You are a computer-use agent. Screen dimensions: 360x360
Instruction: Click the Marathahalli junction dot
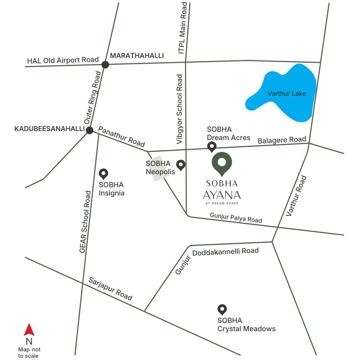[x=105, y=65]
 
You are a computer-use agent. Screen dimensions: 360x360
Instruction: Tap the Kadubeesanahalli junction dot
[x=90, y=130]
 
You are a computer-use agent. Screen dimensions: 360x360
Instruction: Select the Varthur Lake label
[x=287, y=94]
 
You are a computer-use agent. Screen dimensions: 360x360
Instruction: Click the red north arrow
[x=29, y=330]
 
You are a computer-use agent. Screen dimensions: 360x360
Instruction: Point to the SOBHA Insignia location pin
[x=104, y=174]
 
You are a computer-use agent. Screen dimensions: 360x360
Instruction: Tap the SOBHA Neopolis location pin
[x=181, y=165]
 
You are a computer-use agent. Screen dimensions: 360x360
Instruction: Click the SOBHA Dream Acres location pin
[x=212, y=146]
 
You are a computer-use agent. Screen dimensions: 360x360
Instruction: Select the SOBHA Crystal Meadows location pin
[x=222, y=309]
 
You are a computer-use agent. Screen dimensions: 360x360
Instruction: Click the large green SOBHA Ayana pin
[x=222, y=163]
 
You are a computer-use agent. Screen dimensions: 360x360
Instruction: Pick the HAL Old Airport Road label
[x=63, y=60]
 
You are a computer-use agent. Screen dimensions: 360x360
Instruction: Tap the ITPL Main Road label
[x=184, y=28]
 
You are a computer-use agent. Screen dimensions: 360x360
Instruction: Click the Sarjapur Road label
[x=111, y=289]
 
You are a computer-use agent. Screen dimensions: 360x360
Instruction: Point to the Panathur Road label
[x=121, y=136]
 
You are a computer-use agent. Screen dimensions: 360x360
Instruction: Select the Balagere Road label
[x=282, y=140]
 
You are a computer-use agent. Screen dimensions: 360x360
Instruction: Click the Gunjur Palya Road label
[x=236, y=217]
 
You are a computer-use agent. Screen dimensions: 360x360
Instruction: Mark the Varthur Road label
[x=296, y=196]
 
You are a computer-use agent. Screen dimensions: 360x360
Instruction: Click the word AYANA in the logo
[x=222, y=195]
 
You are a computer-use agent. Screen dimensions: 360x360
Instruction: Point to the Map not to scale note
[x=29, y=352]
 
